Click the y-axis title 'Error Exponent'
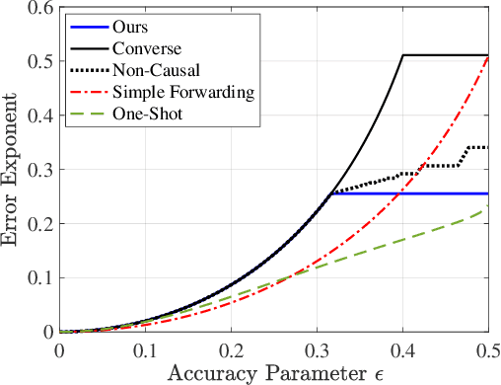click(x=13, y=168)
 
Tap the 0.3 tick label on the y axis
click(x=40, y=169)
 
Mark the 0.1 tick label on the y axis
click(x=40, y=277)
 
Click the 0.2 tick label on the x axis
click(x=231, y=349)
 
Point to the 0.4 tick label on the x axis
click(x=402, y=349)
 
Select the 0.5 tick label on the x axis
click(x=487, y=349)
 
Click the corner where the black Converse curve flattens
click(x=403, y=55)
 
